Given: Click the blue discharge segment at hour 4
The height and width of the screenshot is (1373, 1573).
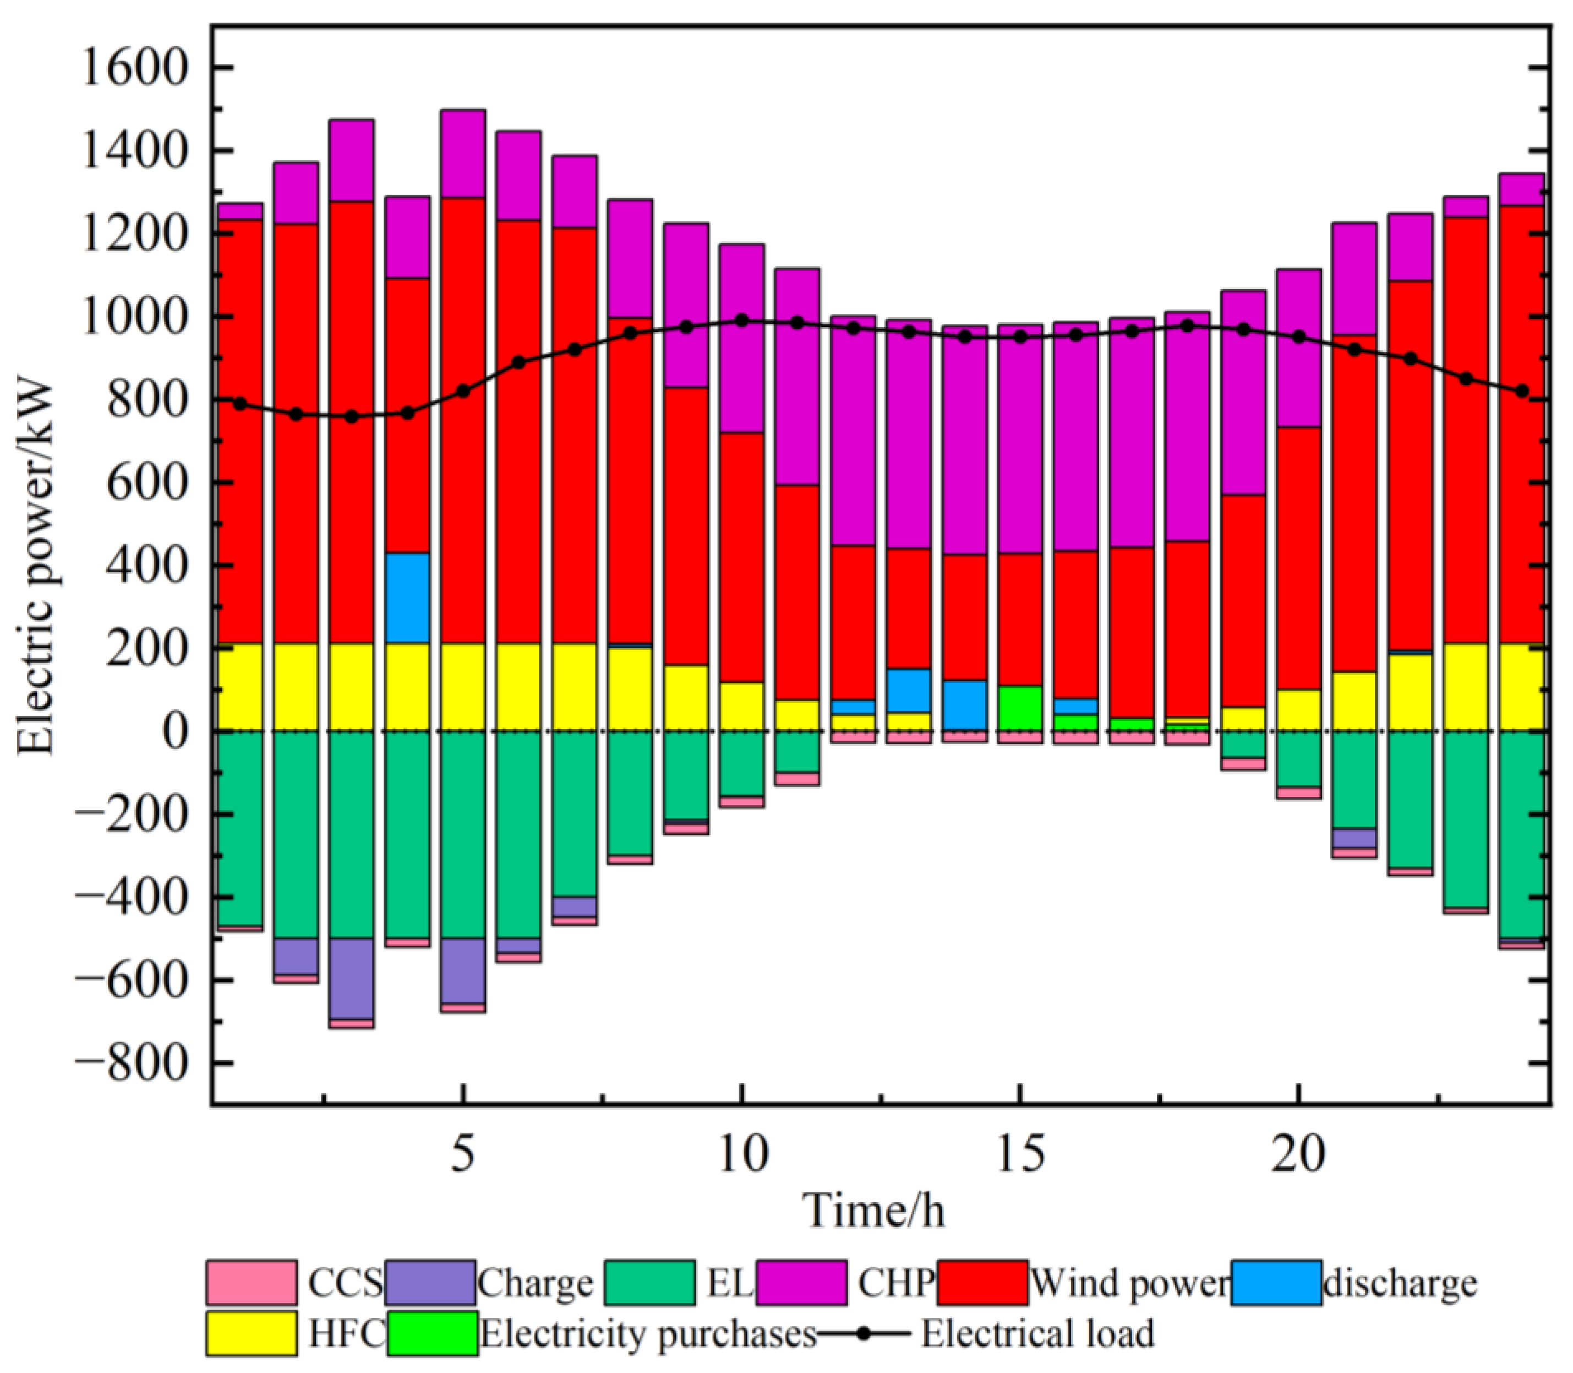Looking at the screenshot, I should tap(407, 598).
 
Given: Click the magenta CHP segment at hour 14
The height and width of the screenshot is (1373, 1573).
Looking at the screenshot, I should tap(964, 440).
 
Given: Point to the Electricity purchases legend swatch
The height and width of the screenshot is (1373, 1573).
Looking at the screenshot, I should tap(433, 1334).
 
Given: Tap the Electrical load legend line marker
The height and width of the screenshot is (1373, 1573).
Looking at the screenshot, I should tap(864, 1334).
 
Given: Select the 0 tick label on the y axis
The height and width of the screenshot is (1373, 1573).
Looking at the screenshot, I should tap(174, 732).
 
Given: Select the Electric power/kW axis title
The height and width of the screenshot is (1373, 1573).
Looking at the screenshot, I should tap(37, 567).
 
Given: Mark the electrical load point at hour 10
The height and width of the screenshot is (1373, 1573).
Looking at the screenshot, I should tap(741, 321).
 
